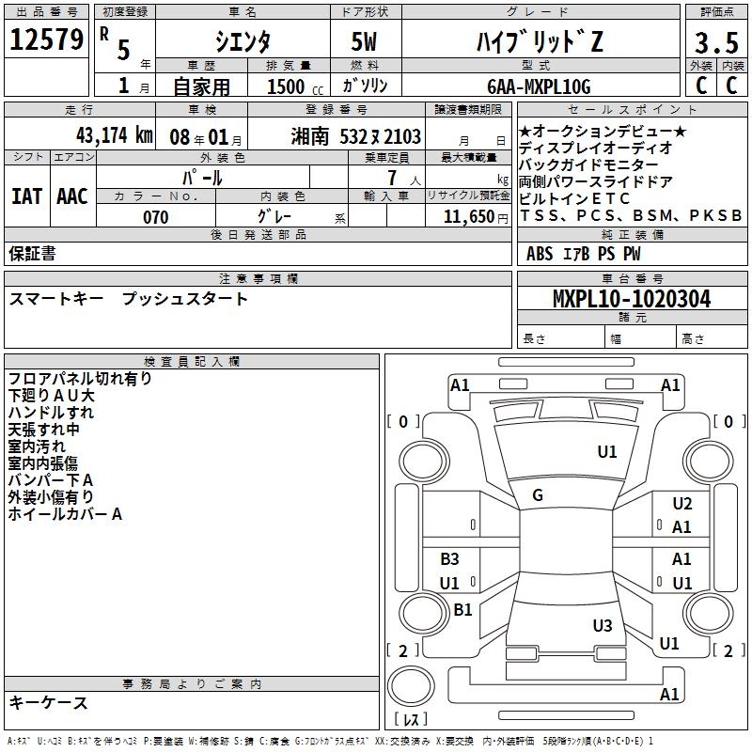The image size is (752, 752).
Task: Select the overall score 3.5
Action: tap(714, 43)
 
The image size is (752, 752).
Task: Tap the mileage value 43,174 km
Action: tap(94, 135)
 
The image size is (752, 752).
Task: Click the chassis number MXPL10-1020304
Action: tap(631, 299)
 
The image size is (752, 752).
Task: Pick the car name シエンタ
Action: tap(242, 42)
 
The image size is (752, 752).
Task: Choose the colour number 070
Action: tap(155, 217)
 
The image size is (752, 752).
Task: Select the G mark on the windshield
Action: tap(538, 495)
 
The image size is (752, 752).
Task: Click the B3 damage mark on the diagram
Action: tap(450, 559)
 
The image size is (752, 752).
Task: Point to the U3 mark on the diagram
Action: tap(603, 626)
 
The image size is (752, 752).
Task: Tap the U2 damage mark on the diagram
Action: tap(682, 504)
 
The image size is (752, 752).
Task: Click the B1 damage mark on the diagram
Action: tap(462, 610)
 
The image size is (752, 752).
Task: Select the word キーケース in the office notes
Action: tap(48, 703)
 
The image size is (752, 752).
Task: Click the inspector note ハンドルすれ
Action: tap(51, 412)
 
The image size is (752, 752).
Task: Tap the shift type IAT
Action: tap(26, 196)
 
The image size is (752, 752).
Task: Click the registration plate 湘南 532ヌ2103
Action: tap(356, 136)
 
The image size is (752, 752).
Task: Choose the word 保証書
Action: tap(32, 253)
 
